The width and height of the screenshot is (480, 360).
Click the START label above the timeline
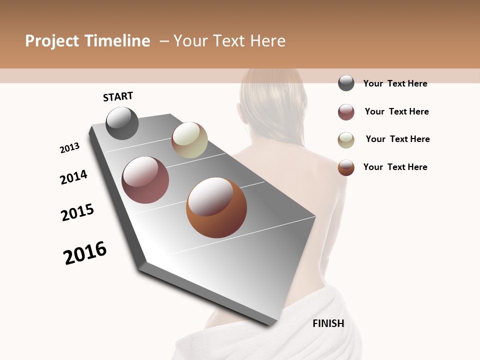(x=118, y=96)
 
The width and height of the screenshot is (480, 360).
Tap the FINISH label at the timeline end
(x=328, y=323)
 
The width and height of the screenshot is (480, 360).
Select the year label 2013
(x=69, y=148)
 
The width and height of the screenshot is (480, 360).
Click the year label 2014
(x=73, y=177)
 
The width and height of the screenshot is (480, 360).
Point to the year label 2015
(x=77, y=212)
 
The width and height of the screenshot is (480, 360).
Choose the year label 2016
(x=85, y=253)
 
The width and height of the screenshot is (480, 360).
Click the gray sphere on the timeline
(x=122, y=123)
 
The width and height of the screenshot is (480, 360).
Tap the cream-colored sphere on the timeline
(x=189, y=140)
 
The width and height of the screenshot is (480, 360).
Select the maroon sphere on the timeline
(x=145, y=180)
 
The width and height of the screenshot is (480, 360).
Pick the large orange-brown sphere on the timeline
(x=216, y=207)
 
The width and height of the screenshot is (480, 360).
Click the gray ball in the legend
(x=346, y=83)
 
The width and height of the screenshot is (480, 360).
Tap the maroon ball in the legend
(x=346, y=112)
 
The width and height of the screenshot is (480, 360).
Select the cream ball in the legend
(x=346, y=140)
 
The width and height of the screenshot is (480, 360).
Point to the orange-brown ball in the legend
(x=346, y=167)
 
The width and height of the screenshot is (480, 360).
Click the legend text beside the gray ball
(x=395, y=83)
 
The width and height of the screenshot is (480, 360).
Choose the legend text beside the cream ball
(x=397, y=139)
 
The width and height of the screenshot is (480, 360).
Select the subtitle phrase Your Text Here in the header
(x=229, y=41)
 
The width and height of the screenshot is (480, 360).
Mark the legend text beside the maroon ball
(x=396, y=111)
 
